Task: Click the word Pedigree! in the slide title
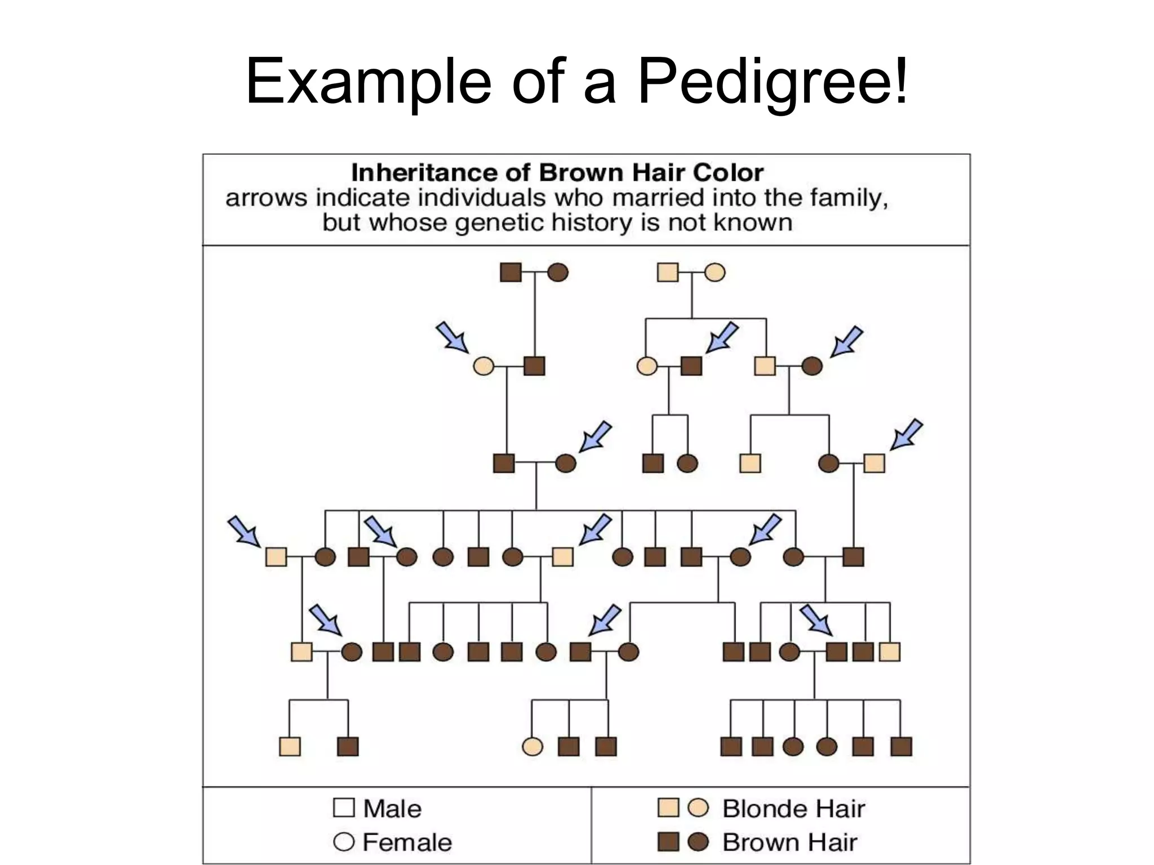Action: [773, 82]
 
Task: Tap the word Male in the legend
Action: [392, 809]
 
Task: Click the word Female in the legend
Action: [407, 842]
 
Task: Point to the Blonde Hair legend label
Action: [793, 809]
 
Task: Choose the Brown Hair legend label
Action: [789, 842]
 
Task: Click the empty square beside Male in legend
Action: [344, 808]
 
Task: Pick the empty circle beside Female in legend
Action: [344, 842]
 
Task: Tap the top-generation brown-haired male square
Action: [511, 273]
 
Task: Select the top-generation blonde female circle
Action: [715, 273]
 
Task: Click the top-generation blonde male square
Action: [668, 273]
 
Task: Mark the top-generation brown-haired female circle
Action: [558, 273]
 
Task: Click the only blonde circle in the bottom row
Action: [532, 747]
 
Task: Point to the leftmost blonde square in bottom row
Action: [290, 747]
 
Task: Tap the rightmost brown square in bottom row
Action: [901, 747]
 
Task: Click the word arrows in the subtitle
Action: [267, 198]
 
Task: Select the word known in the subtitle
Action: [753, 223]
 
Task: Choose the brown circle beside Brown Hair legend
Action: [699, 842]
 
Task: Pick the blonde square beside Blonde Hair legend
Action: [668, 808]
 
